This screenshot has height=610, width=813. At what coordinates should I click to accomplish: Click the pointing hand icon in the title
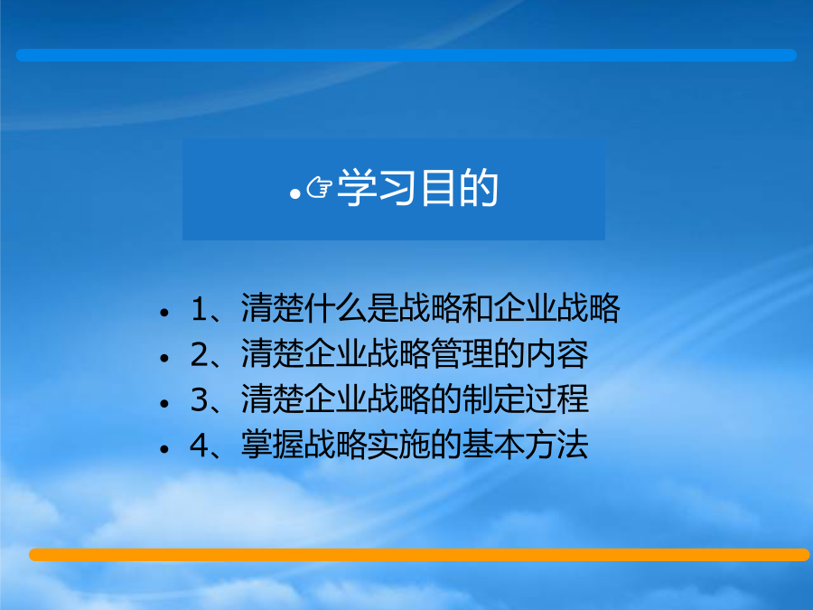point(319,187)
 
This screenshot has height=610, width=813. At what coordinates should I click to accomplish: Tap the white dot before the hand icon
point(295,194)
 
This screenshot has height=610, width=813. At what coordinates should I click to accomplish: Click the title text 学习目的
point(418,187)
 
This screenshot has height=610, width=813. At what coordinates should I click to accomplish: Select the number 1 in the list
point(200,309)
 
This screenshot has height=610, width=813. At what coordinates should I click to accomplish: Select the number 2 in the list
point(199,354)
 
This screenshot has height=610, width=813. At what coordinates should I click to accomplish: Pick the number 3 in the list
point(199,400)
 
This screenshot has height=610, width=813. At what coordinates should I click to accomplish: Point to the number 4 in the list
point(199,445)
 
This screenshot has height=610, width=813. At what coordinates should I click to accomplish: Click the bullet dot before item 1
point(164,313)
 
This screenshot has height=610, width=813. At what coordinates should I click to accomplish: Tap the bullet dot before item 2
point(164,358)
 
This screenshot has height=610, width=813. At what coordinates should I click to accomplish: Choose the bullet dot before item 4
point(164,448)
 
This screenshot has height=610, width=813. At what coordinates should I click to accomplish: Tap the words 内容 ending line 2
point(556,353)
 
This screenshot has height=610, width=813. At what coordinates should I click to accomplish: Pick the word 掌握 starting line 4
point(272,445)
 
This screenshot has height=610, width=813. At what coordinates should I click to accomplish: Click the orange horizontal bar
point(419,555)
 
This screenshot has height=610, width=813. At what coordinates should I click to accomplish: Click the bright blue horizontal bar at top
point(406,55)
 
